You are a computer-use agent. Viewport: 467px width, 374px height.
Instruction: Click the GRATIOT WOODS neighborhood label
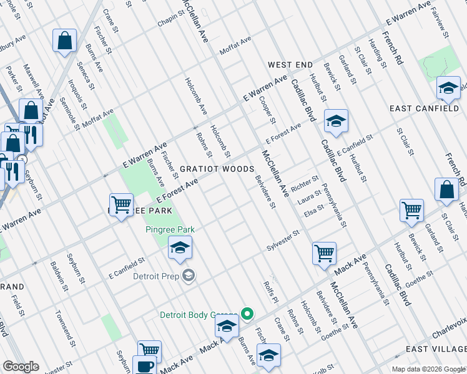click(217, 169)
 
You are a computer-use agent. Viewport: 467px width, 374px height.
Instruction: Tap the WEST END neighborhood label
click(290, 65)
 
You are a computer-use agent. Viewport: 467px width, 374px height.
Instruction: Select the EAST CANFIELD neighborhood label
click(424, 108)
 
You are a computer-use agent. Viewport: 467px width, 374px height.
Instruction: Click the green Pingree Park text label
click(170, 229)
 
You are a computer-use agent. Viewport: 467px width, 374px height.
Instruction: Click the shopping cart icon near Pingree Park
click(121, 203)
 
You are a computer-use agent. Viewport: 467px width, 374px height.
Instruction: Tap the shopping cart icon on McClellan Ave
click(324, 253)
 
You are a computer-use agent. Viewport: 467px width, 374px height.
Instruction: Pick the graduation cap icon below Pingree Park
click(179, 248)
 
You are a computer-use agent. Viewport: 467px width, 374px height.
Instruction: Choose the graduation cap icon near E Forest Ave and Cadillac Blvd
click(336, 120)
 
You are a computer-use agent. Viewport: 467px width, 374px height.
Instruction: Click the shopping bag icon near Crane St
click(64, 41)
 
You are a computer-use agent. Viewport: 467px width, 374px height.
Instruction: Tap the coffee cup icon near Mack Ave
click(144, 366)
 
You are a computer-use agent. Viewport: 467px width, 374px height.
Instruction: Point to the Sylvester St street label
click(283, 238)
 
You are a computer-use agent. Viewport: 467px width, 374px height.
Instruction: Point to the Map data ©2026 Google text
click(428, 369)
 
